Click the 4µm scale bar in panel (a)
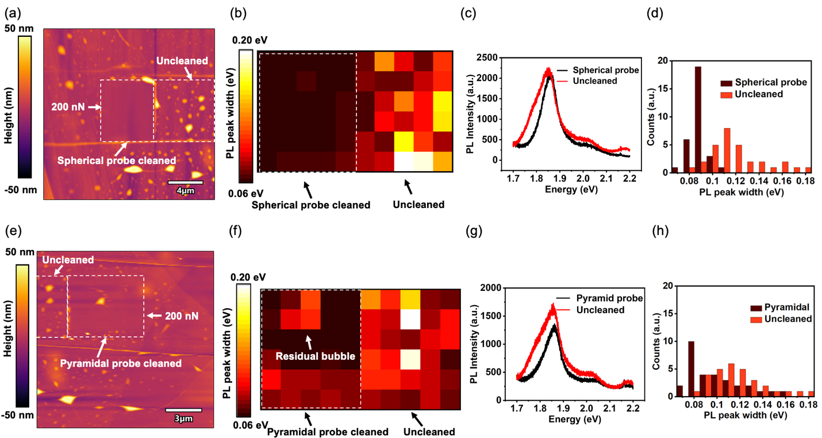[x=186, y=183]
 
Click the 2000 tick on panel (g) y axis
[x=498, y=287]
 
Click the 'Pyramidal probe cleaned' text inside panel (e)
[x=121, y=363]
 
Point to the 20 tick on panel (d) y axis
[x=671, y=60]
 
